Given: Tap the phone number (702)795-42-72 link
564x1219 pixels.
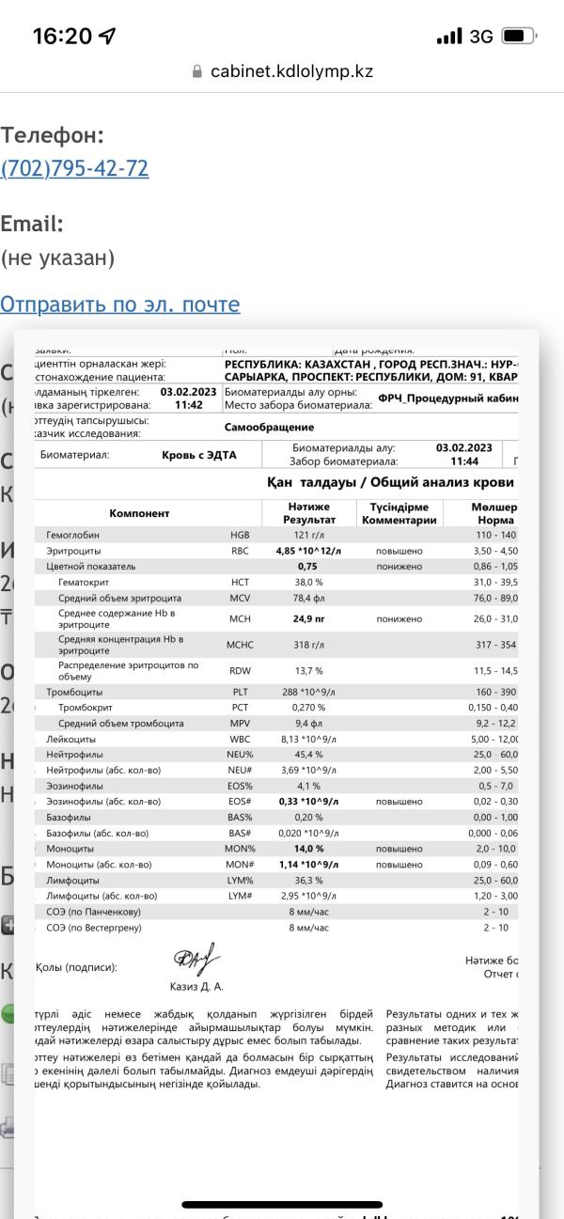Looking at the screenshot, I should point(75,169).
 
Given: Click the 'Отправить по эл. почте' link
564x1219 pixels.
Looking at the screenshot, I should point(120,305).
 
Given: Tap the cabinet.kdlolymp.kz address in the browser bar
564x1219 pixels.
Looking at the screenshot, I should point(291,71).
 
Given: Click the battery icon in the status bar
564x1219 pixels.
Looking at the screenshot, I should point(518,37).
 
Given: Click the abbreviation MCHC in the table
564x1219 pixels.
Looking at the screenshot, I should point(240,646).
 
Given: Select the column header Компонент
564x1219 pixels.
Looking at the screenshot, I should point(139,513).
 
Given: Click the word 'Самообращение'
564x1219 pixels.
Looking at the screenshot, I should point(269,427).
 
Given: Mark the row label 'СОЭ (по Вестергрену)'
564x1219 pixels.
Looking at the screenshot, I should point(94,928).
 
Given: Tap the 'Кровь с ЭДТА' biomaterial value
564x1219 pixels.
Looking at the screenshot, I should point(199,455).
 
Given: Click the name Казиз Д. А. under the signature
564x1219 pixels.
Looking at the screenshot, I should point(196,987).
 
